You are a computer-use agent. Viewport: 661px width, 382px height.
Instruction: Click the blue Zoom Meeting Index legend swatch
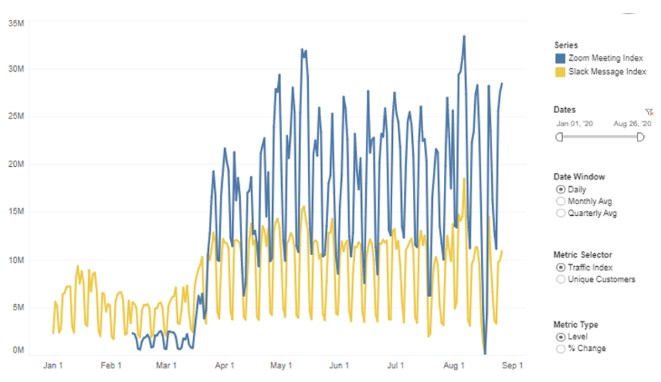560,59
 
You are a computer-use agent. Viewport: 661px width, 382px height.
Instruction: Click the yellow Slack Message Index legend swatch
560,72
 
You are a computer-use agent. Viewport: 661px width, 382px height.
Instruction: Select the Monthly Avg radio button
560,201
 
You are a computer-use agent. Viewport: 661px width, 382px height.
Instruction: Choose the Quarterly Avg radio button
560,213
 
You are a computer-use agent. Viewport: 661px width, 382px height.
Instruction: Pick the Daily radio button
560,189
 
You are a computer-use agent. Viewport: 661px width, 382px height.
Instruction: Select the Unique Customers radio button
560,279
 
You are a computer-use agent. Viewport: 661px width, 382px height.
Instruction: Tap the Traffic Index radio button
560,267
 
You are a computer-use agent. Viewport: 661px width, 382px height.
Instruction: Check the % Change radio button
560,348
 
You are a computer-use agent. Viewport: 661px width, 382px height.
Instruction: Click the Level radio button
560,336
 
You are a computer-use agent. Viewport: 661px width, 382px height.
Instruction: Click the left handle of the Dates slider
559,137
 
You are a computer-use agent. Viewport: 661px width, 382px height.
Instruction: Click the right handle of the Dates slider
640,137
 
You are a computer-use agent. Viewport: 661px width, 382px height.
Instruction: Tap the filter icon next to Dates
649,111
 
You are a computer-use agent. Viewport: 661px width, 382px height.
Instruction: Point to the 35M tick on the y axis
16,23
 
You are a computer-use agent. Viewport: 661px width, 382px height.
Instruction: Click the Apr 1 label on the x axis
225,365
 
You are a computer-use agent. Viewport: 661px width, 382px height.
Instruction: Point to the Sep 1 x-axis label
511,365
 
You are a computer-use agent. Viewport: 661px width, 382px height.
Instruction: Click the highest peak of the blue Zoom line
464,37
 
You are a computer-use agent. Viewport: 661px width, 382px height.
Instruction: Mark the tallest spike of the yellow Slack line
465,179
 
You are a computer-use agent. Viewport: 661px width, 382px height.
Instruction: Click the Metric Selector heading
582,255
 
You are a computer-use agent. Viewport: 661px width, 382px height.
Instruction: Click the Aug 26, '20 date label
631,123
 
